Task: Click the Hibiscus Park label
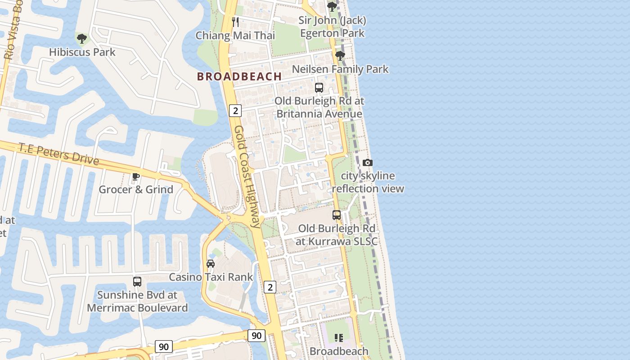pyautogui.click(x=82, y=52)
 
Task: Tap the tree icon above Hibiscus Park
pyautogui.click(x=81, y=39)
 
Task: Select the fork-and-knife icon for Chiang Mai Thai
pyautogui.click(x=235, y=22)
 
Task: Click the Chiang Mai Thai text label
pyautogui.click(x=235, y=36)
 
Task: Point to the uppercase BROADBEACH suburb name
pyautogui.click(x=239, y=76)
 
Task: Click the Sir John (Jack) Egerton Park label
pyautogui.click(x=333, y=27)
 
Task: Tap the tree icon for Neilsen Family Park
pyautogui.click(x=340, y=56)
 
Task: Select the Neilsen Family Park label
pyautogui.click(x=340, y=69)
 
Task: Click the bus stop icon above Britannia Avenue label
pyautogui.click(x=319, y=88)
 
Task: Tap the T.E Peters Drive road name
pyautogui.click(x=58, y=153)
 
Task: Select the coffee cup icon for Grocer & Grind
pyautogui.click(x=136, y=176)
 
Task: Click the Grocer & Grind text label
pyautogui.click(x=136, y=189)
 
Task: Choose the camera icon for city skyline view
pyautogui.click(x=368, y=163)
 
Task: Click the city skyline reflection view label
pyautogui.click(x=368, y=182)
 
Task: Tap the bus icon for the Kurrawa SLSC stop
pyautogui.click(x=337, y=215)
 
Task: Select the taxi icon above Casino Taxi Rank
pyautogui.click(x=211, y=264)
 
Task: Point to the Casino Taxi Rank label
pyautogui.click(x=211, y=277)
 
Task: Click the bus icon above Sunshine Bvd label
pyautogui.click(x=137, y=282)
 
